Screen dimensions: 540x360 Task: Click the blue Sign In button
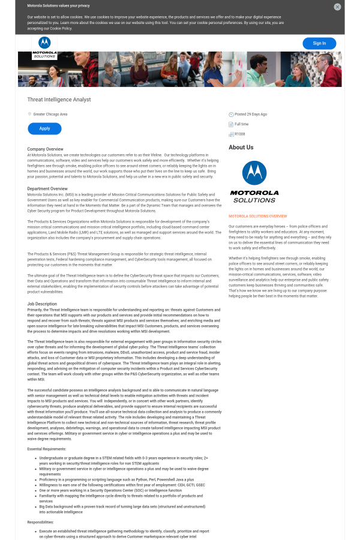point(319,43)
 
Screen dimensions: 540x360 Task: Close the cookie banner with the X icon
point(337,7)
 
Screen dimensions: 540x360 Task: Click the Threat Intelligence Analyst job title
point(59,99)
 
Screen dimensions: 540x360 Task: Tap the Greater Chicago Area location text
point(50,114)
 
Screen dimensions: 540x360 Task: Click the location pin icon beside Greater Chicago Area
point(29,114)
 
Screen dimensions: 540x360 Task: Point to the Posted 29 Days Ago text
point(251,114)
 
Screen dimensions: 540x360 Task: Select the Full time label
point(241,124)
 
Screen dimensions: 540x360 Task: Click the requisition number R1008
point(239,134)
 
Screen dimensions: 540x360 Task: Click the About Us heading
point(241,147)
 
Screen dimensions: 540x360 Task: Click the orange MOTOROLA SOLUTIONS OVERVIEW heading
point(257,216)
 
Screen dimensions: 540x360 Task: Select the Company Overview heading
point(45,149)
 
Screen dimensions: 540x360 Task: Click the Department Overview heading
point(47,188)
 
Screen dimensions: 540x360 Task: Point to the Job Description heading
point(42,304)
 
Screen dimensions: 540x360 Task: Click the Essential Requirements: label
point(46,449)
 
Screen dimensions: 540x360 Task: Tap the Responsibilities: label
point(40,522)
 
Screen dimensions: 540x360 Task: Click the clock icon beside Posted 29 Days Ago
point(231,114)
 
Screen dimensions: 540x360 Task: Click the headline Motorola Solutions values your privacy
point(58,5)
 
